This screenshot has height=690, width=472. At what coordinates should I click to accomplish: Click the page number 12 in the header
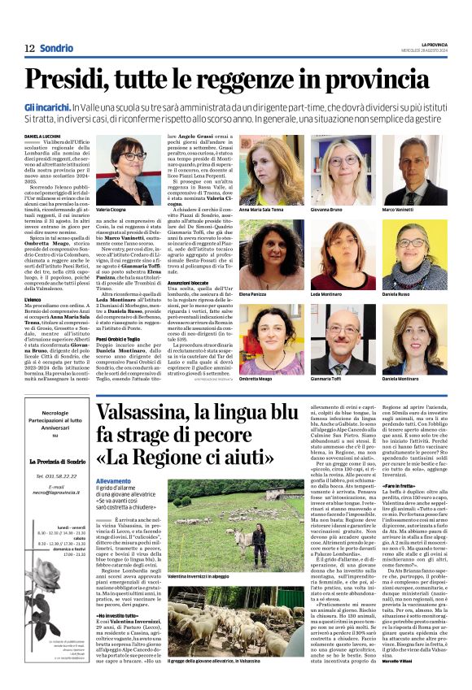pyautogui.click(x=28, y=49)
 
